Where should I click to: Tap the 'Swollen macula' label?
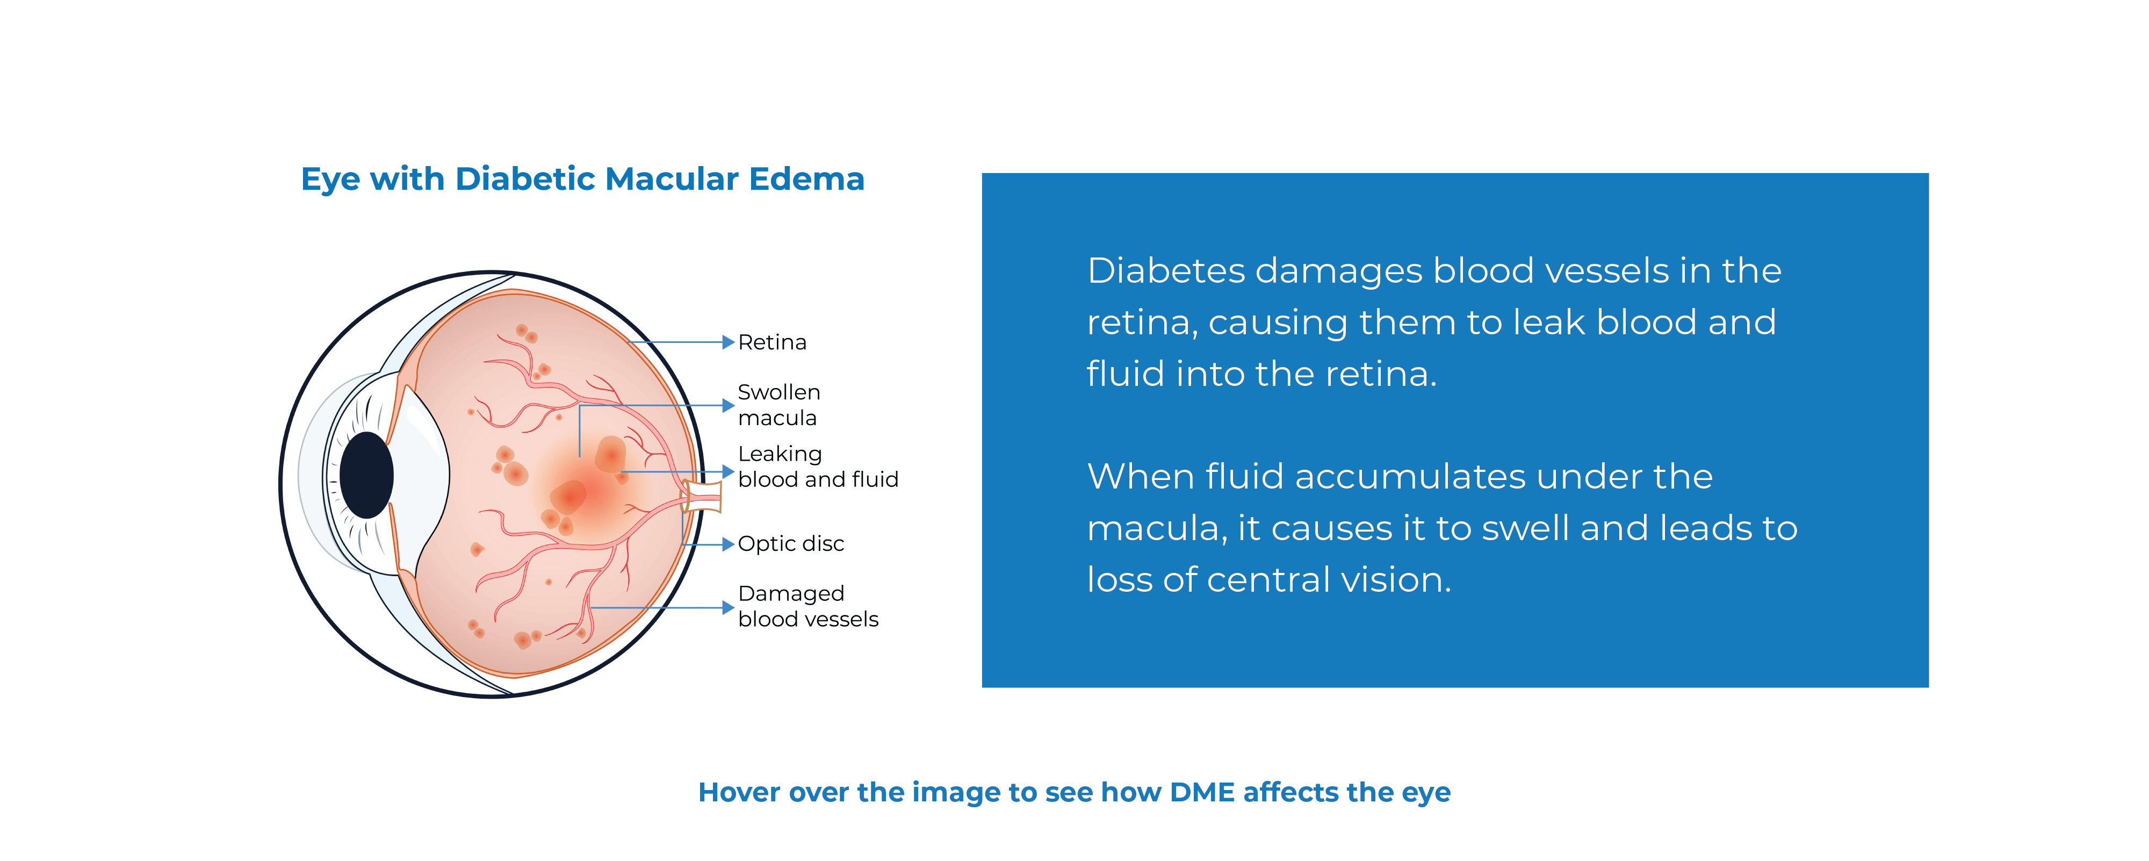(x=778, y=405)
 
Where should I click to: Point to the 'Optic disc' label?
(x=790, y=544)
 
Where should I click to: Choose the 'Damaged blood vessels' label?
(x=807, y=607)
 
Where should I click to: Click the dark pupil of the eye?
(x=366, y=475)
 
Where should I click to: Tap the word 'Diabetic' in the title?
(x=525, y=180)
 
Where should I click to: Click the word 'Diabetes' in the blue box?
(x=1165, y=271)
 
